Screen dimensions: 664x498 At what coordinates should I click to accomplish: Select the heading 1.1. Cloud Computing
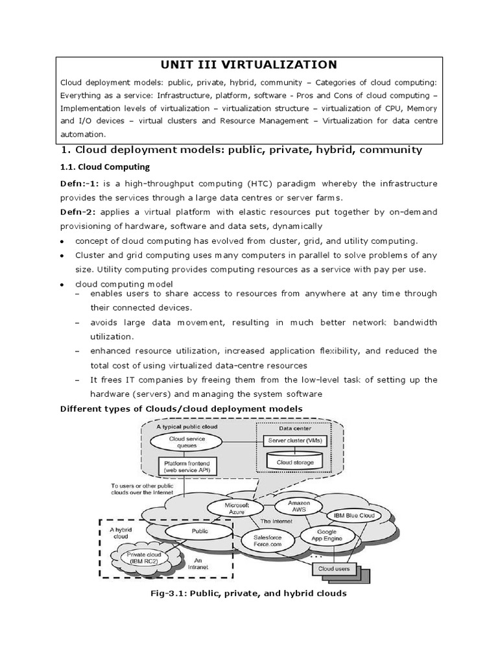104,167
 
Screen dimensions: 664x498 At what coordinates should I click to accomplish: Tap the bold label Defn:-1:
80,184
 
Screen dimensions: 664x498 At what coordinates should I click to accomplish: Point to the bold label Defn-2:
78,212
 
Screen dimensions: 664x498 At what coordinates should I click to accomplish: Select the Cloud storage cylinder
295,462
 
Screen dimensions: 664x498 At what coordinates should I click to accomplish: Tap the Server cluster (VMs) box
295,441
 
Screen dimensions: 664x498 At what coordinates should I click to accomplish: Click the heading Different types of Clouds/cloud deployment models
181,408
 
